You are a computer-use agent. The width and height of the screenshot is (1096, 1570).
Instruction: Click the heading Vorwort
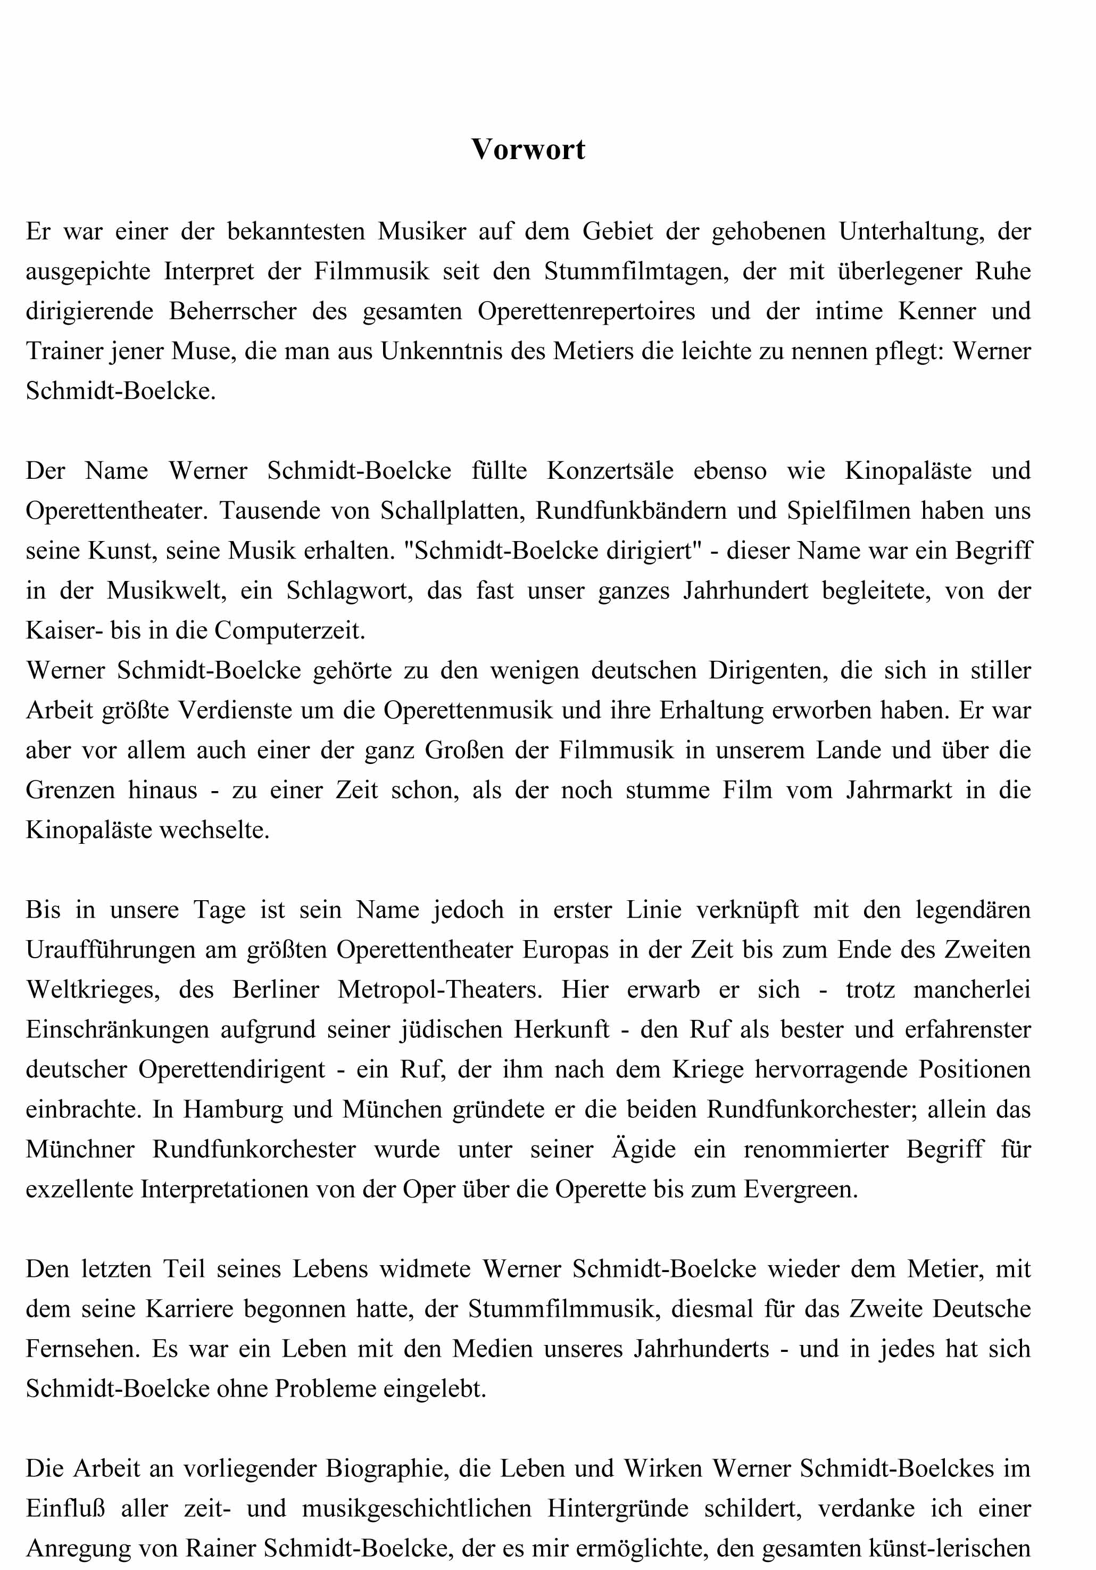point(528,149)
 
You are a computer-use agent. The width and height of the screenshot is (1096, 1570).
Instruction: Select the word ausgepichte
point(88,271)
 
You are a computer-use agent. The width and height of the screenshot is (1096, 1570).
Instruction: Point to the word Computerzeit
point(289,630)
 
